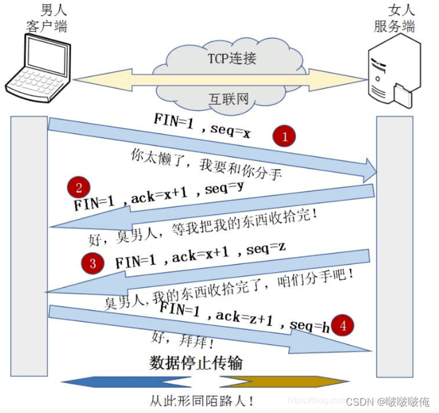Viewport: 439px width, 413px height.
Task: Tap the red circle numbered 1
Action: [284, 137]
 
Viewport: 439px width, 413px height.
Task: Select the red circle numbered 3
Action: [93, 264]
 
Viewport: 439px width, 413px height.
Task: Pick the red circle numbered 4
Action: [343, 325]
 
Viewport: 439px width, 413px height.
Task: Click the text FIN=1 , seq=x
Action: [202, 126]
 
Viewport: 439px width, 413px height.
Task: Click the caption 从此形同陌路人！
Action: [202, 401]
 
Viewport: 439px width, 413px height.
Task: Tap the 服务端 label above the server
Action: [394, 26]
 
